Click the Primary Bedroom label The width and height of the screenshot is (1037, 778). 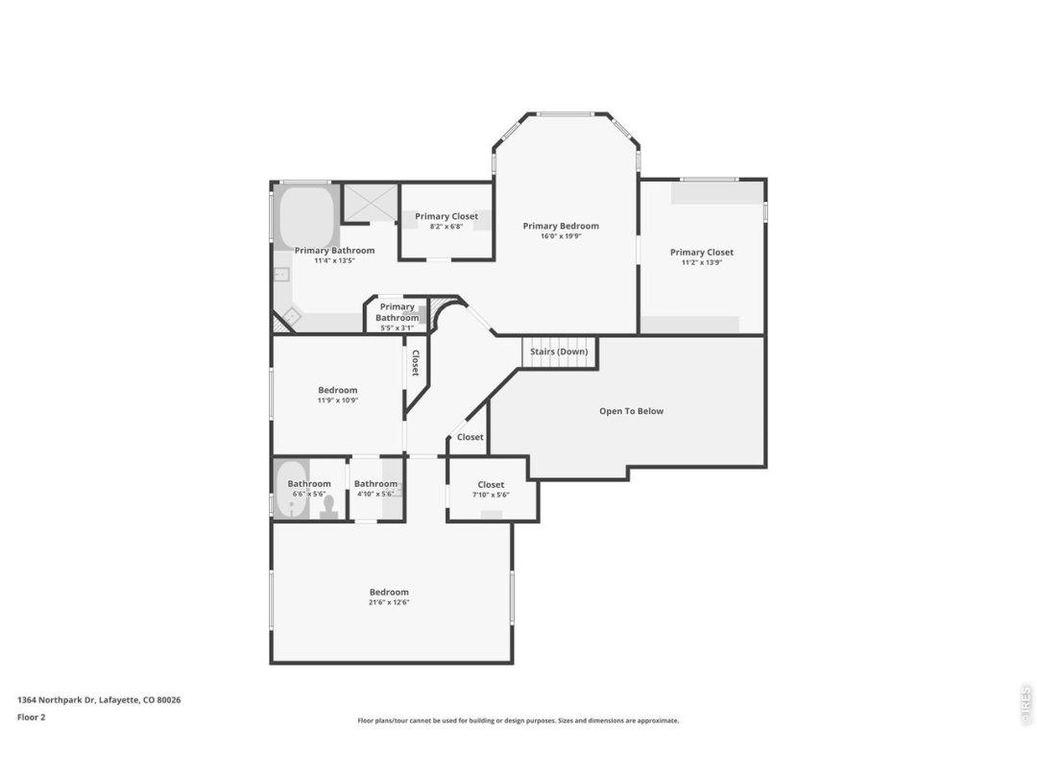point(561,227)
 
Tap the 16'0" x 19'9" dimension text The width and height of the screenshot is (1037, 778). point(561,236)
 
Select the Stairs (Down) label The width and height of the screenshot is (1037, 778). point(559,352)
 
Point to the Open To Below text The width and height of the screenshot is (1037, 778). point(632,411)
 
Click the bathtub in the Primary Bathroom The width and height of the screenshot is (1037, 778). point(306,217)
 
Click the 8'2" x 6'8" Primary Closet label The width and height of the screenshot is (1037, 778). point(446,216)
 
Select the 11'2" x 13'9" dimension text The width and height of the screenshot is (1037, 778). point(702,262)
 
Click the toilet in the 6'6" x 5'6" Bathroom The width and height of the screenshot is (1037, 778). point(328,507)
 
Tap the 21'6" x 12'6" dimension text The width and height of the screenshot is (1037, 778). point(389,602)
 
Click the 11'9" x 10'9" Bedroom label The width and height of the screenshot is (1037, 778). point(338,390)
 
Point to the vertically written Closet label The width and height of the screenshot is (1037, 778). point(416,362)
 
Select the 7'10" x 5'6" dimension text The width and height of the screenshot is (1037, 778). point(491,495)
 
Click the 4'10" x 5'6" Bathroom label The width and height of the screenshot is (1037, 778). point(375,484)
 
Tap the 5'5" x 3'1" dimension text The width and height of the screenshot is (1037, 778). point(397,328)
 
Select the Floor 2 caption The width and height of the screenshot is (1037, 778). point(31,717)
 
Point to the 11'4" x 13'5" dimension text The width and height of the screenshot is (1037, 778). point(335,260)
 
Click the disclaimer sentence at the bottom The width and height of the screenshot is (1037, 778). point(518,721)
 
